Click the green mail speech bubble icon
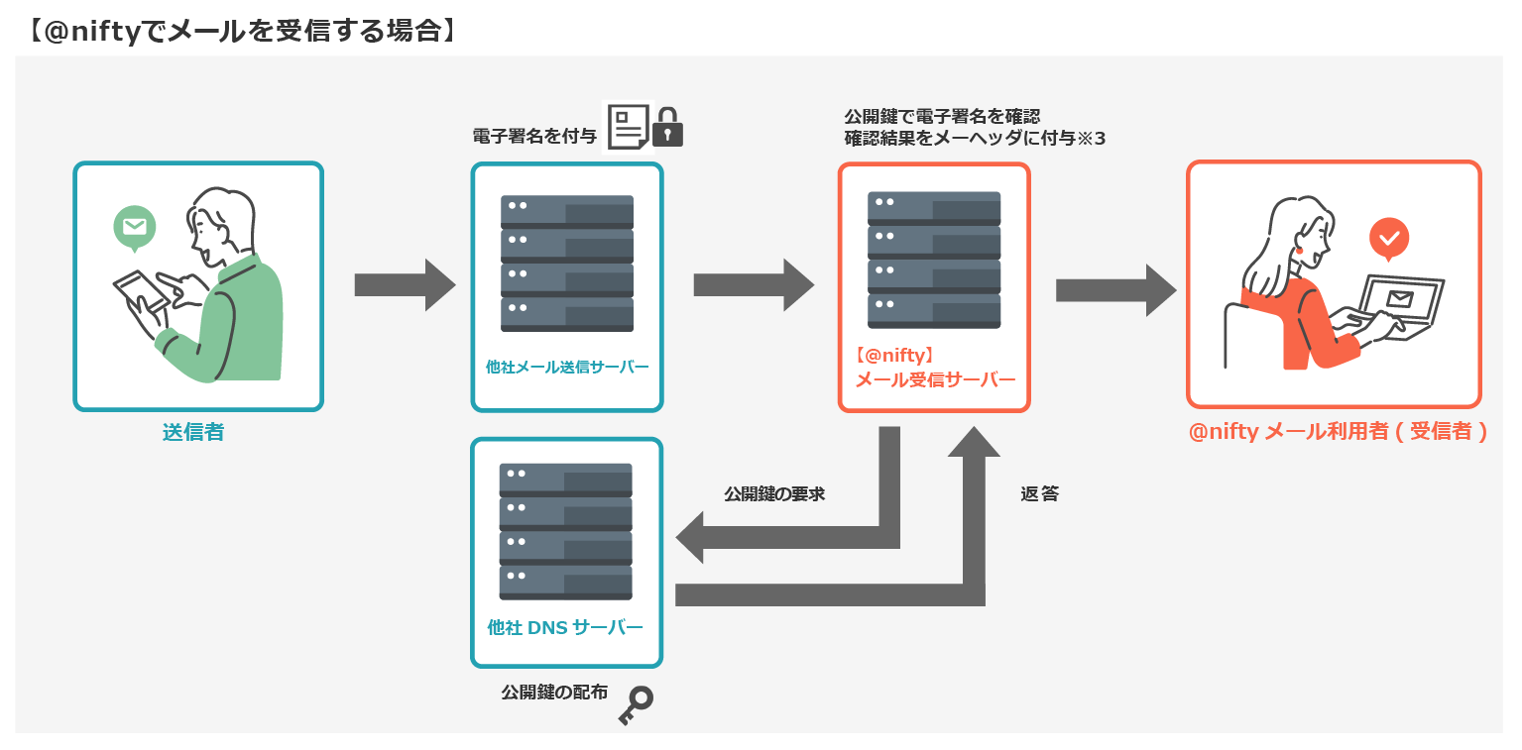(x=134, y=227)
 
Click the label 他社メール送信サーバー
(x=567, y=367)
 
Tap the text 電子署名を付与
(x=534, y=137)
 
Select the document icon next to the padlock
(x=627, y=128)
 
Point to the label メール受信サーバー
(x=935, y=380)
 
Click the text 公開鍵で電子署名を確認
(x=941, y=117)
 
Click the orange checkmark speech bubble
(x=1389, y=239)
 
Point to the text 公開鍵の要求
(x=774, y=493)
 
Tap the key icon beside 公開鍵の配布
(x=636, y=705)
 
